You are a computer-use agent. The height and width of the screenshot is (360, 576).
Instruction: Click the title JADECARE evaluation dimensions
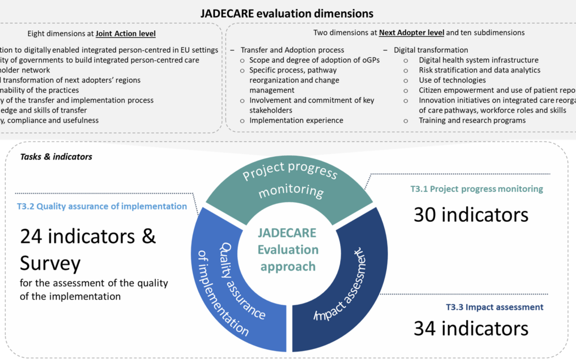[287, 13]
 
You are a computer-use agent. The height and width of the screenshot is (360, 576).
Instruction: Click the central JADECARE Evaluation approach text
[288, 250]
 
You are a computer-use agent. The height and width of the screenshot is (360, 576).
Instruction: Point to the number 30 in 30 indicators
[425, 215]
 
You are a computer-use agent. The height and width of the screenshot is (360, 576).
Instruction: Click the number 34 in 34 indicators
[425, 328]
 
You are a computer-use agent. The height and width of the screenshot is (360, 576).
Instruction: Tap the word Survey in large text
[50, 263]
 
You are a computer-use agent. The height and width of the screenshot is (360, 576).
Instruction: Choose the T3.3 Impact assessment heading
[494, 307]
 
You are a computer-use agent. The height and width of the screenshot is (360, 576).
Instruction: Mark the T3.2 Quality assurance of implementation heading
[101, 206]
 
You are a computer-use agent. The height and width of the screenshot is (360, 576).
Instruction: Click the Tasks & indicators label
[56, 156]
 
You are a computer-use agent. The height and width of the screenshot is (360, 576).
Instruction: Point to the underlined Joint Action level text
[125, 34]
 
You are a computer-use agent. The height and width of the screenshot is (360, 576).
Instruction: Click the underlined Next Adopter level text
[411, 33]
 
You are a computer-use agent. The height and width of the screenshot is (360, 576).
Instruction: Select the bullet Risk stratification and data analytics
[479, 70]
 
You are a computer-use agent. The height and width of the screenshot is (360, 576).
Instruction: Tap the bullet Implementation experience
[296, 120]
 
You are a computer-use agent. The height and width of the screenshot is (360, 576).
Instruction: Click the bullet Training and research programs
[472, 120]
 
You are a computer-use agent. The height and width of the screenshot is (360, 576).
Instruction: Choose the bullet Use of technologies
[452, 80]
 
